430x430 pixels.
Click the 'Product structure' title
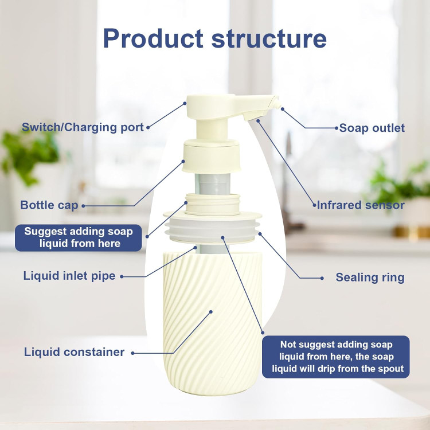(214, 39)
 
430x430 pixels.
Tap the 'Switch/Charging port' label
(83, 127)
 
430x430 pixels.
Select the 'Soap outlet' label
(372, 128)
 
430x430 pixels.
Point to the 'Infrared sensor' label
(361, 205)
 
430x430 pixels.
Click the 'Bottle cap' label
(49, 205)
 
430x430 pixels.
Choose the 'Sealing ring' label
(370, 277)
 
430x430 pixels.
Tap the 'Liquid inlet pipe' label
(69, 276)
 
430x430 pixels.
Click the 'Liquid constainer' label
(74, 352)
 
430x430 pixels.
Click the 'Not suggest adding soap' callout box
(336, 357)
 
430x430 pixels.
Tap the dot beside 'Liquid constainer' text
(132, 353)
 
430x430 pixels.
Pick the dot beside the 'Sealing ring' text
(322, 278)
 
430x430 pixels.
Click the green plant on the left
(29, 152)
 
